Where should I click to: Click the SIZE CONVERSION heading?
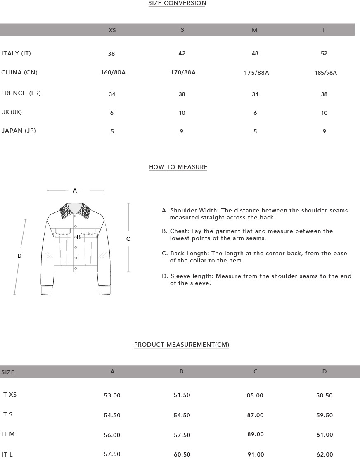[177, 3]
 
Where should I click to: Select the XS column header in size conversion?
[112, 30]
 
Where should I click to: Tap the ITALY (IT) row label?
[16, 53]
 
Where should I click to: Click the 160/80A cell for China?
[113, 73]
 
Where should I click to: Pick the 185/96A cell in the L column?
[325, 73]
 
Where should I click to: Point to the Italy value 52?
[324, 53]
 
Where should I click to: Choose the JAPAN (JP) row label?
[19, 131]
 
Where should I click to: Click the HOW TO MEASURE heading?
[178, 167]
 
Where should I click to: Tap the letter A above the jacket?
[75, 191]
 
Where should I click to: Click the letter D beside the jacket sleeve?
[19, 256]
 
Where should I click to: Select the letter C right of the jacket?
[128, 239]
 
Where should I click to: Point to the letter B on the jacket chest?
[78, 238]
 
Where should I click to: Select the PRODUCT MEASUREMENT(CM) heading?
[182, 345]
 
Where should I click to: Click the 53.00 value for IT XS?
[112, 395]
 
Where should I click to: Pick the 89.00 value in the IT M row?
[255, 435]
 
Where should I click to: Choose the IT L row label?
[7, 454]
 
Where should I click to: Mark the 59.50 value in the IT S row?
[324, 415]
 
